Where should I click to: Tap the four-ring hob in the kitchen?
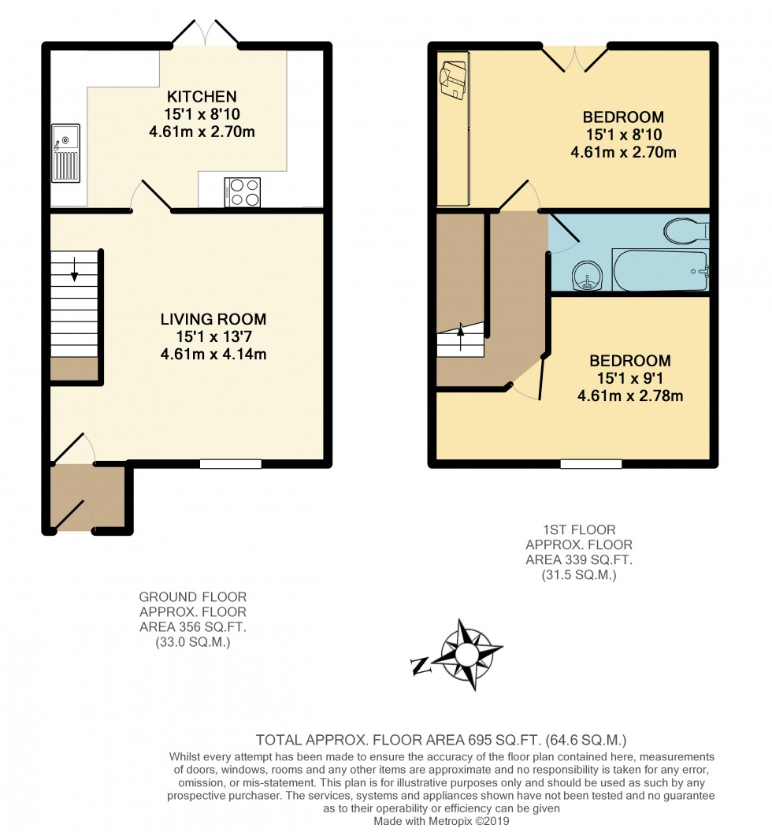(x=243, y=192)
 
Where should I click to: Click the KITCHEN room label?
(x=201, y=97)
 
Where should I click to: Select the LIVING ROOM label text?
(x=213, y=319)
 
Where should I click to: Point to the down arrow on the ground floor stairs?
(x=75, y=270)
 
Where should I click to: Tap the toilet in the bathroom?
(x=686, y=231)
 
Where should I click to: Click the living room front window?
(x=230, y=464)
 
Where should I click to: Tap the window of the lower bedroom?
(x=591, y=464)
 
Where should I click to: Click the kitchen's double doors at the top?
(x=205, y=33)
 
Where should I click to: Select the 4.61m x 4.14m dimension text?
(x=213, y=354)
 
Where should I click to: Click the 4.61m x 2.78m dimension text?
(x=630, y=396)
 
